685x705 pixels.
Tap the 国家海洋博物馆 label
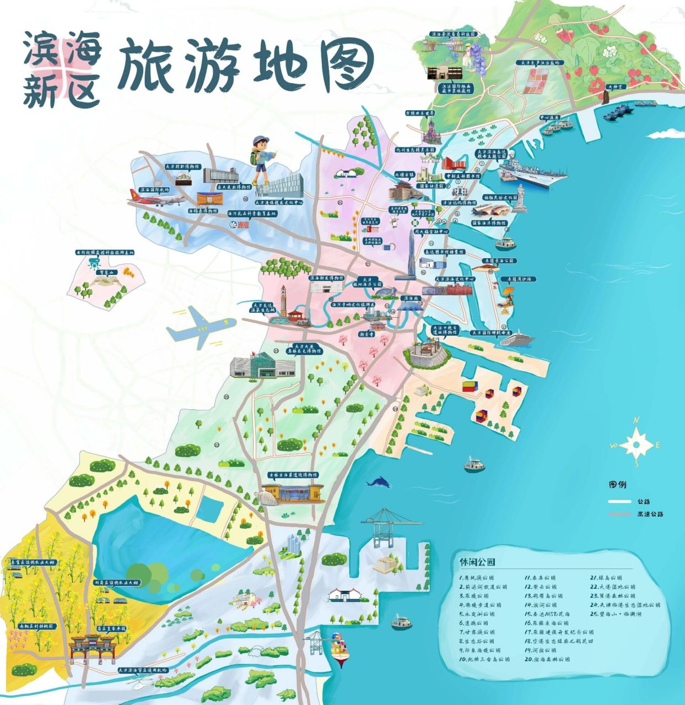tap(490, 223)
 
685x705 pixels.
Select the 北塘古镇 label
tap(403, 175)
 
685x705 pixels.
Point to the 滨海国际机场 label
tap(155, 189)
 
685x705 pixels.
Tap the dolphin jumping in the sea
tap(379, 482)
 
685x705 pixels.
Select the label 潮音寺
tap(366, 334)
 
